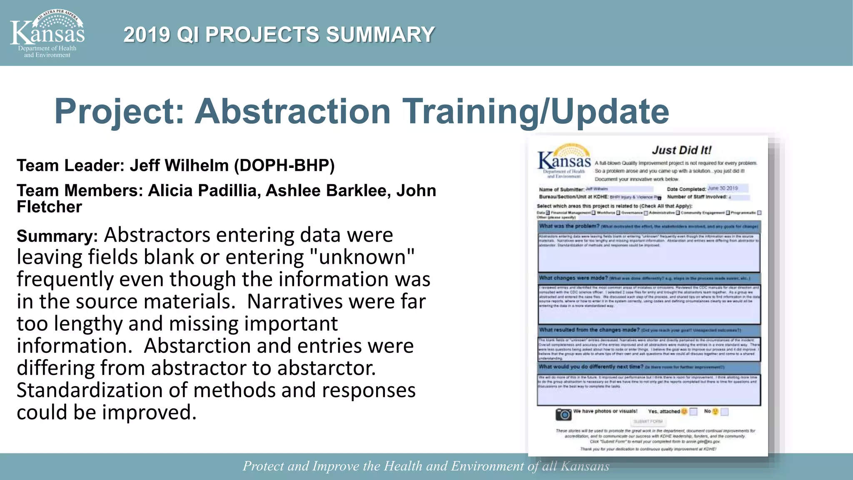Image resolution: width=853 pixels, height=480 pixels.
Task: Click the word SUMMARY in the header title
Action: pyautogui.click(x=380, y=35)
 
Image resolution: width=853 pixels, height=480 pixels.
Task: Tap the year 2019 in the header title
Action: pyautogui.click(x=147, y=35)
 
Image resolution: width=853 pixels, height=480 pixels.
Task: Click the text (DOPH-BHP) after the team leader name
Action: pyautogui.click(x=284, y=165)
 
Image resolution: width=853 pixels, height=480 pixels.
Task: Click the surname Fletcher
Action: pyautogui.click(x=49, y=207)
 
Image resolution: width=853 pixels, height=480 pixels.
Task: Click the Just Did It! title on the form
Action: pyautogui.click(x=681, y=150)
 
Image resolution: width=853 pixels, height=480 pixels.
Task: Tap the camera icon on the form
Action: pyautogui.click(x=564, y=414)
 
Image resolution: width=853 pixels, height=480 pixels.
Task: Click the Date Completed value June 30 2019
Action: pyautogui.click(x=723, y=188)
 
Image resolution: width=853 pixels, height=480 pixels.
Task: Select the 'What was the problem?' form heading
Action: pyautogui.click(x=569, y=226)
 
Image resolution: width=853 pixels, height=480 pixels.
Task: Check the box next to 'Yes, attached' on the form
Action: pyautogui.click(x=693, y=412)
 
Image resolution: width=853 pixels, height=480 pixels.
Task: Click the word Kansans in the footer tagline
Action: pyautogui.click(x=585, y=466)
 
